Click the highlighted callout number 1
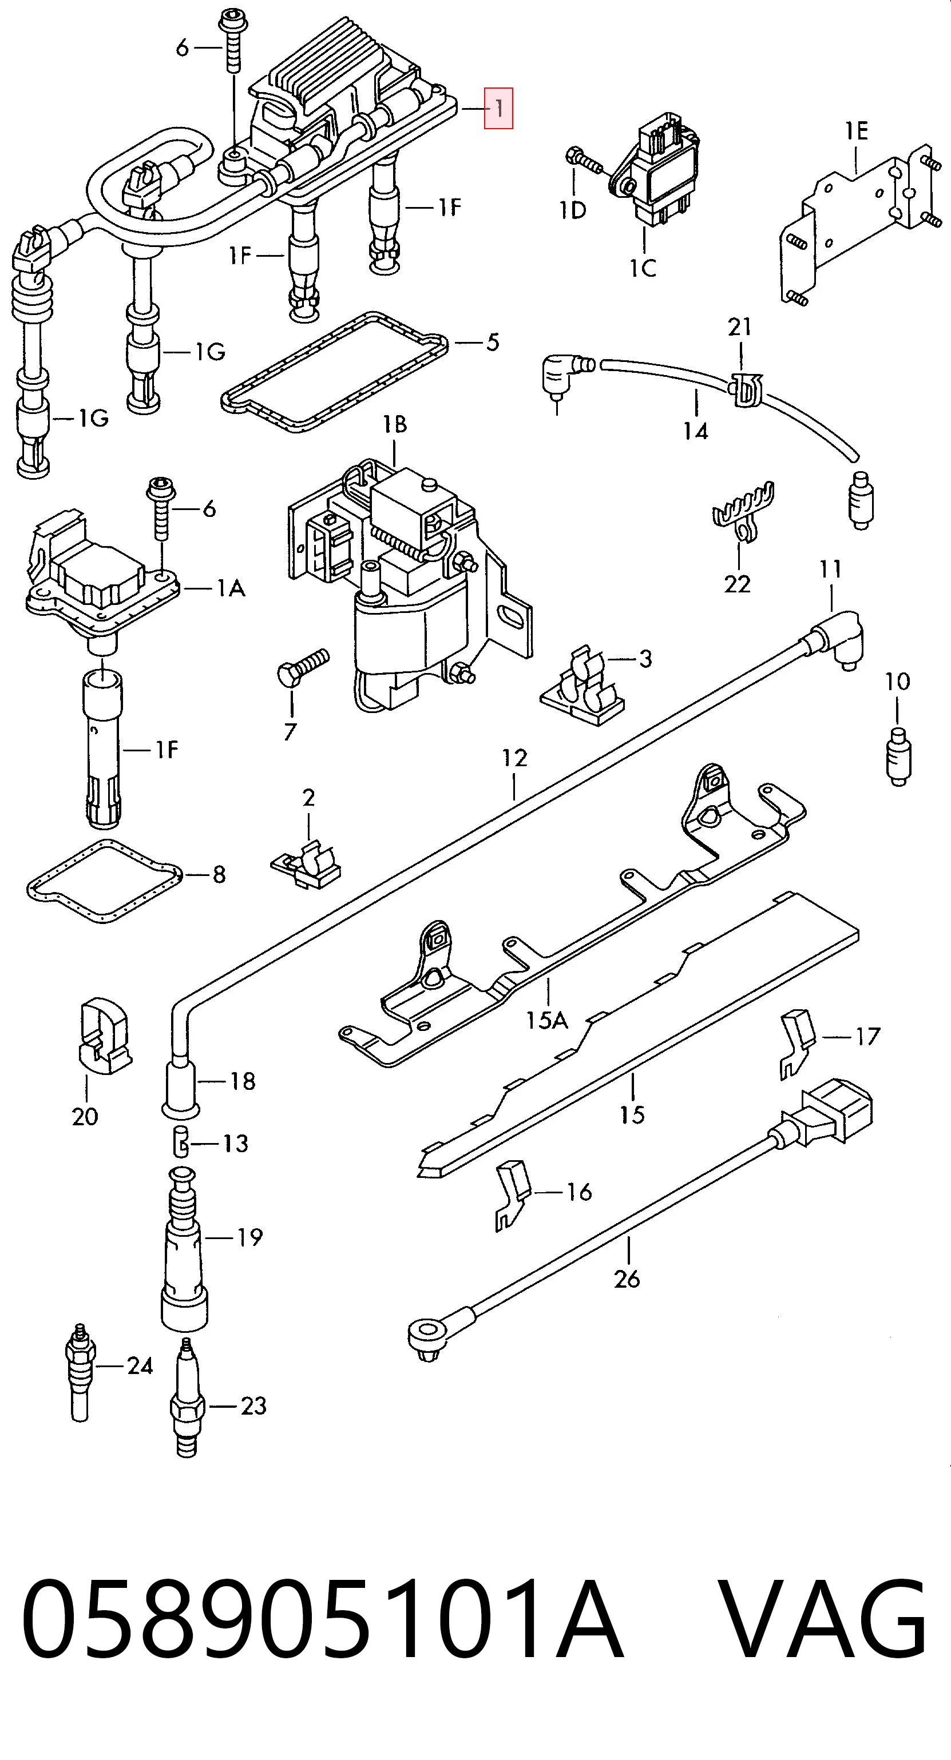click(x=499, y=108)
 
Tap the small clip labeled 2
click(x=307, y=863)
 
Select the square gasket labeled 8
click(x=105, y=881)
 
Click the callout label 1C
click(x=643, y=268)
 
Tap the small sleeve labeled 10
click(x=898, y=756)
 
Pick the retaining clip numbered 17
click(x=797, y=1044)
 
